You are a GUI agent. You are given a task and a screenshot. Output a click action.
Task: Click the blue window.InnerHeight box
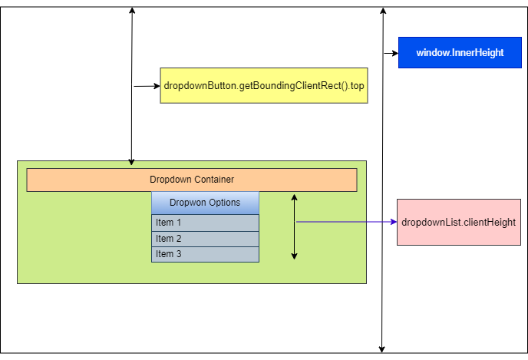(x=460, y=53)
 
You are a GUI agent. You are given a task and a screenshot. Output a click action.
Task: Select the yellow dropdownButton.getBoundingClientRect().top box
(x=264, y=86)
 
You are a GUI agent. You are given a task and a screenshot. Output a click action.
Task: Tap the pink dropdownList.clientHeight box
(x=458, y=222)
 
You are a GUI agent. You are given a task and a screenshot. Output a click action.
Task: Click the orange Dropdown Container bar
(x=192, y=180)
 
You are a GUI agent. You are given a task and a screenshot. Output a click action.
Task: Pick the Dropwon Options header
(x=205, y=203)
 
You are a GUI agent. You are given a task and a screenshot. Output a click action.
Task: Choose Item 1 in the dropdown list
(x=205, y=223)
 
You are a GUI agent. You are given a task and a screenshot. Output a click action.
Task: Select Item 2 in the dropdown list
(x=205, y=239)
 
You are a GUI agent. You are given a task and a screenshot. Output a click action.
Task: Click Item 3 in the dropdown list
(x=205, y=254)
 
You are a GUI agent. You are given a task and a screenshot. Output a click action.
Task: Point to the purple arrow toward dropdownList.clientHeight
(x=345, y=222)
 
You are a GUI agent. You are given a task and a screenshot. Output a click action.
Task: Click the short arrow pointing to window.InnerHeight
(x=390, y=53)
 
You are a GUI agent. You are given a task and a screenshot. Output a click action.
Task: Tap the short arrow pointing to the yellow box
(x=146, y=86)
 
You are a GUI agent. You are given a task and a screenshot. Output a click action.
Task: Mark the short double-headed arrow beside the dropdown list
(x=294, y=226)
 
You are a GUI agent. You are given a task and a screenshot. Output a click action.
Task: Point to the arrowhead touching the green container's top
(x=132, y=161)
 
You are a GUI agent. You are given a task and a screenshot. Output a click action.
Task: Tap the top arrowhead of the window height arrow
(x=381, y=11)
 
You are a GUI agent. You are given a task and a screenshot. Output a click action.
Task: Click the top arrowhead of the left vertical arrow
(x=132, y=11)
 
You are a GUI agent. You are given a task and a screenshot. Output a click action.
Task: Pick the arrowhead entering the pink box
(x=392, y=222)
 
